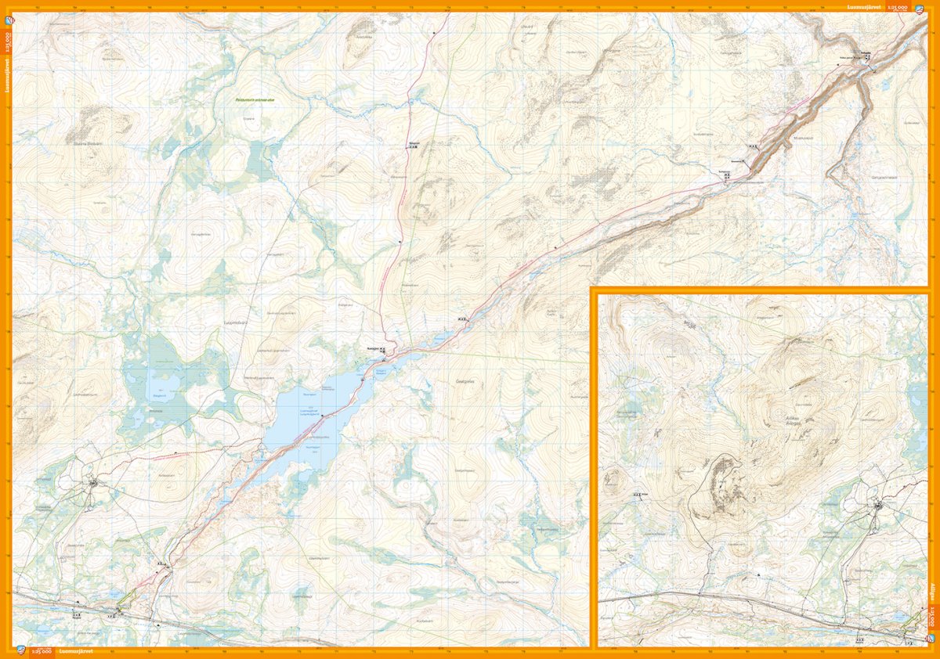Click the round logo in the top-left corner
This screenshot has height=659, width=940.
(x=7, y=9)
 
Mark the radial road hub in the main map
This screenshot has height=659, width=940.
(x=93, y=483)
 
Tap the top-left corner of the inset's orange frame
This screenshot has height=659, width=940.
(x=594, y=290)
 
